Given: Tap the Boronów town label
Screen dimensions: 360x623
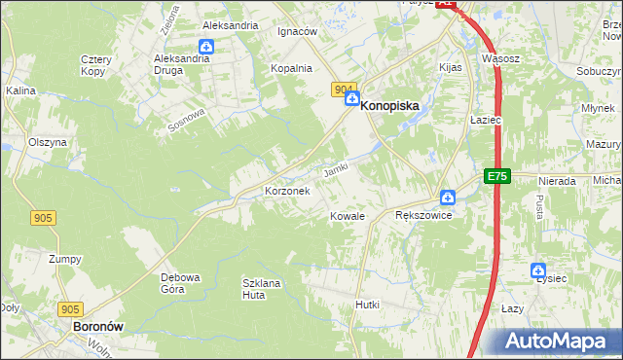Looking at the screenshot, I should (97, 328).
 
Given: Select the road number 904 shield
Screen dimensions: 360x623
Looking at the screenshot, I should (343, 90).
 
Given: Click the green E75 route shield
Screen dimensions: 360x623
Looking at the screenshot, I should (497, 176).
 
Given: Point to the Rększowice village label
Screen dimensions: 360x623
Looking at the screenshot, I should (423, 215).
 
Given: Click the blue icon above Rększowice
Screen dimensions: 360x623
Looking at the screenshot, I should (447, 197).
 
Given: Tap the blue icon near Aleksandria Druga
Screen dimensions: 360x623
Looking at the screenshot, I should (206, 46).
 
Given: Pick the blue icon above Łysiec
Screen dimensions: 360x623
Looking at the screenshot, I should (538, 270).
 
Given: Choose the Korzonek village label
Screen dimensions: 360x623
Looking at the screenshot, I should (287, 192).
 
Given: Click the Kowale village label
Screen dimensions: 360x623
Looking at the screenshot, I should (347, 216).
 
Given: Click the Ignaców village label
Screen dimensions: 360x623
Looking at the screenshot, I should (298, 31).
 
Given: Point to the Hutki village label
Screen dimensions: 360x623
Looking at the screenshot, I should (367, 305).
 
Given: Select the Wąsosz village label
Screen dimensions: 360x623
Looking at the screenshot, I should (500, 58).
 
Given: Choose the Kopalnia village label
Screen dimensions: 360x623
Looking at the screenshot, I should (292, 68).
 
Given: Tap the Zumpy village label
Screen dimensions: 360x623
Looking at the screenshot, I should (65, 259).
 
